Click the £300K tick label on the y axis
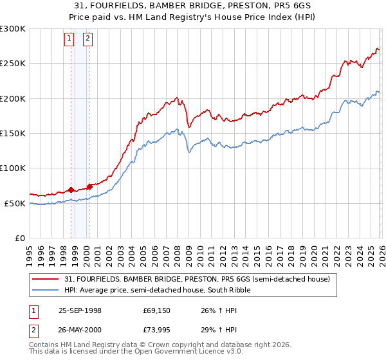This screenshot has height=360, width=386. (x=13, y=29)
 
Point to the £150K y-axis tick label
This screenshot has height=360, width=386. (x=13, y=133)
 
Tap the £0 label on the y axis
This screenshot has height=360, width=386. (x=19, y=238)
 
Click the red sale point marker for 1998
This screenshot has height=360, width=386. (x=71, y=190)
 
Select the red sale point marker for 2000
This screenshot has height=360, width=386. (x=90, y=186)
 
